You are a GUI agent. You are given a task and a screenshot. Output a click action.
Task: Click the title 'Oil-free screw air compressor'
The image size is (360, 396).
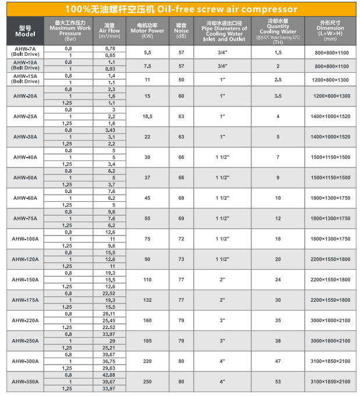(180, 9)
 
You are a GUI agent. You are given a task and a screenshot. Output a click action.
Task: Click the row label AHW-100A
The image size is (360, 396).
(25, 239)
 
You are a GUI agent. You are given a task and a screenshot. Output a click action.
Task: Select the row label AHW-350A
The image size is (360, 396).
(25, 381)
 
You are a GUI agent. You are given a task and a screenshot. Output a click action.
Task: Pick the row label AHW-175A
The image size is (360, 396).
(25, 300)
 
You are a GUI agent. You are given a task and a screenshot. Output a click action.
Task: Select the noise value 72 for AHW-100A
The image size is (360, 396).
(181, 239)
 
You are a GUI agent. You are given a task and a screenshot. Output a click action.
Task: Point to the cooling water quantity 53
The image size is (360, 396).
(278, 381)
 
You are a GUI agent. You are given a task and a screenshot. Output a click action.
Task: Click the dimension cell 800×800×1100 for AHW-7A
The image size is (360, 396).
(332, 52)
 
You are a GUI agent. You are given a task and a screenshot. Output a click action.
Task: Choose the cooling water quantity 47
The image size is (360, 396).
(278, 361)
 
